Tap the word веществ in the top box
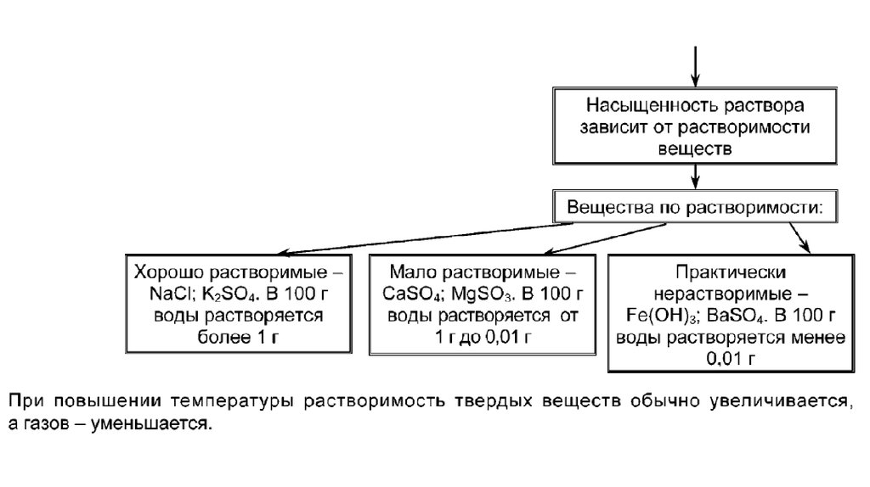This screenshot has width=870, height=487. click(x=694, y=147)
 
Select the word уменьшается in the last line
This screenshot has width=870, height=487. click(x=157, y=422)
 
